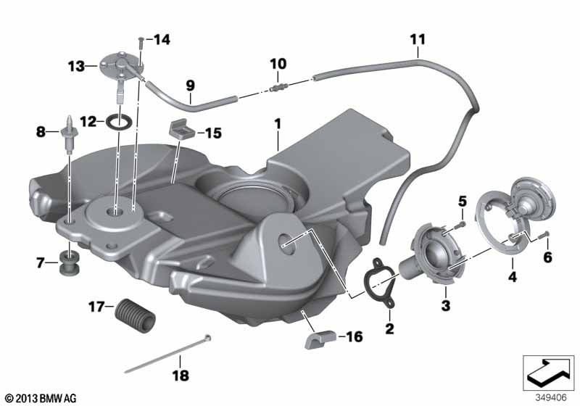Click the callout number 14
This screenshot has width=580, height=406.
pyautogui.click(x=162, y=40)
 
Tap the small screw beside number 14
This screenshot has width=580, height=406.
pyautogui.click(x=141, y=43)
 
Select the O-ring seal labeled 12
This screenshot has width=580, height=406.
pyautogui.click(x=119, y=121)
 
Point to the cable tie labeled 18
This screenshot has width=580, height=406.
pyautogui.click(x=167, y=354)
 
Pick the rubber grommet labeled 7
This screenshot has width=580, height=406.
pyautogui.click(x=68, y=263)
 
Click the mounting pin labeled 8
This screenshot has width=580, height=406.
pyautogui.click(x=69, y=134)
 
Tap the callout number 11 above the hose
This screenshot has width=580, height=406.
pyautogui.click(x=418, y=40)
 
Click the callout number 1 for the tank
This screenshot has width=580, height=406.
pyautogui.click(x=278, y=124)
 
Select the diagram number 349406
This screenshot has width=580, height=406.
pyautogui.click(x=551, y=397)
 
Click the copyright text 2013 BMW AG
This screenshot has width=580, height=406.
pyautogui.click(x=41, y=398)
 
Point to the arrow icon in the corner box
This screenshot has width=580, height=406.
pyautogui.click(x=548, y=373)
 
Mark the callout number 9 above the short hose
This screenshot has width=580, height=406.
pyautogui.click(x=190, y=86)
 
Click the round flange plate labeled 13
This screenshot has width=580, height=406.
pyautogui.click(x=117, y=66)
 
